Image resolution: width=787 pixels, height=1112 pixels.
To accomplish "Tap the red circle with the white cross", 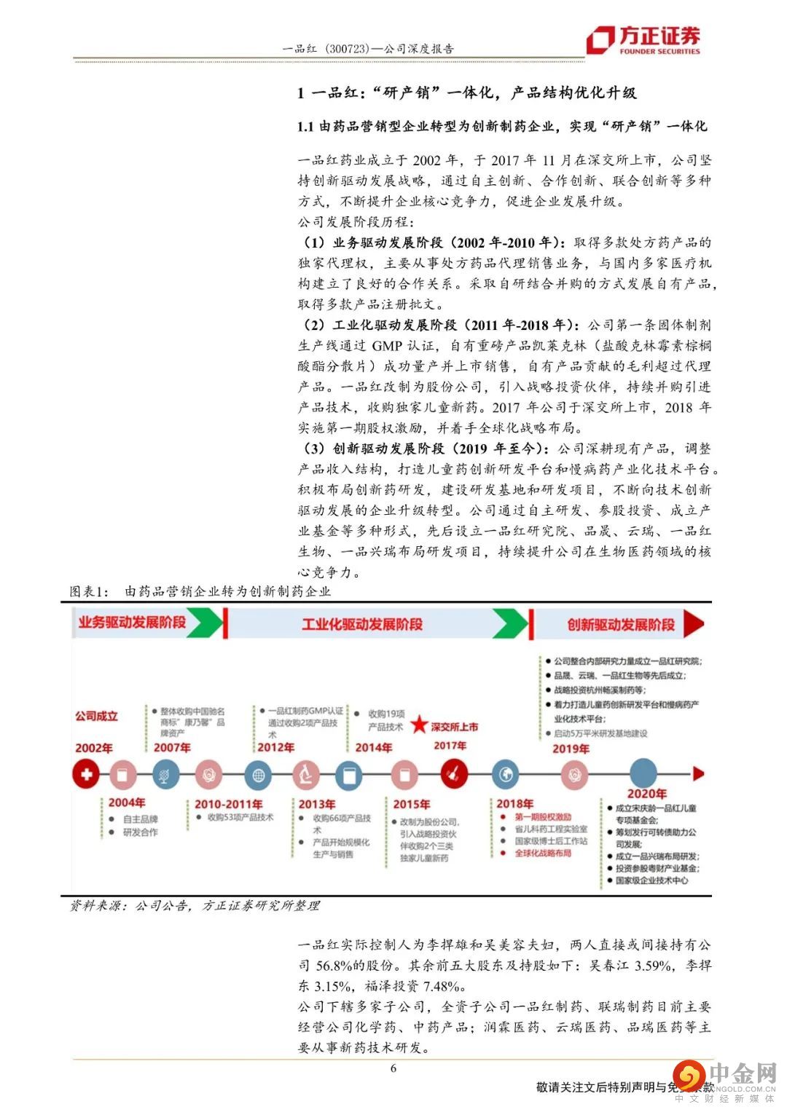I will [x=86, y=774].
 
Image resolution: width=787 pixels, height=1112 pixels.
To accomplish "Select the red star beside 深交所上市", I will [x=419, y=725].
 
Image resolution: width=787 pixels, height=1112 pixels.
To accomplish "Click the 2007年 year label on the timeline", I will [x=172, y=747].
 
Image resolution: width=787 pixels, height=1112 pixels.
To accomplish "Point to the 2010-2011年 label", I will [x=228, y=804].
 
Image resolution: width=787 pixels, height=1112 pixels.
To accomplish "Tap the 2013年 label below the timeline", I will [x=316, y=804].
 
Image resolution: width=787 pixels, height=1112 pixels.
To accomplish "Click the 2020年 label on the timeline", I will [x=646, y=794].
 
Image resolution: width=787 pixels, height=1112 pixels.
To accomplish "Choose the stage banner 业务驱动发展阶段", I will [x=133, y=622].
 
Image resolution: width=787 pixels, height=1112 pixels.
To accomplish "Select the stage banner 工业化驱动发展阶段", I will [x=362, y=624].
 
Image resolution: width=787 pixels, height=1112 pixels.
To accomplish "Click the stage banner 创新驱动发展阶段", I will [x=621, y=624].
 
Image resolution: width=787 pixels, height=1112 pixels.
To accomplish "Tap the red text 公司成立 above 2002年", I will [x=96, y=716].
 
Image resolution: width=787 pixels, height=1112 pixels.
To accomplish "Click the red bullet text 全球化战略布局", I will [x=543, y=853].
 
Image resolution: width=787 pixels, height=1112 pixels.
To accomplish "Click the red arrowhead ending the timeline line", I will [x=699, y=773].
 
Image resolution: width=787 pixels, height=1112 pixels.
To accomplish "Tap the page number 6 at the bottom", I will [x=393, y=1068].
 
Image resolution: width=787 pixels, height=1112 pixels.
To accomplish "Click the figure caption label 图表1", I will [x=89, y=591].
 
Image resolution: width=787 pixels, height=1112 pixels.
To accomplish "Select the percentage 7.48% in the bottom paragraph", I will [x=442, y=986].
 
